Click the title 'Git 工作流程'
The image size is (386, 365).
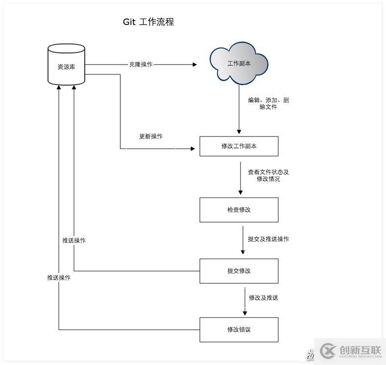(148, 22)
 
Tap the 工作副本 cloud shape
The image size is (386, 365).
(239, 64)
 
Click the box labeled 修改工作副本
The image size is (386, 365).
(239, 146)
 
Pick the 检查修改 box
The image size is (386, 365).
(239, 210)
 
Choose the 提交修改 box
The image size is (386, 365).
(239, 271)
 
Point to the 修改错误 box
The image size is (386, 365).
(239, 330)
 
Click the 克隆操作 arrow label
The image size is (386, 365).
(141, 64)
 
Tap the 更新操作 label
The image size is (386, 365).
(151, 137)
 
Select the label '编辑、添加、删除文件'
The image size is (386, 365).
(268, 103)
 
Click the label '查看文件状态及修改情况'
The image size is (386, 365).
(268, 176)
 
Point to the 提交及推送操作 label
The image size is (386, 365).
(268, 239)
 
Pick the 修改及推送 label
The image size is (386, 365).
(264, 297)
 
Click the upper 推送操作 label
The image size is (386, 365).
(74, 241)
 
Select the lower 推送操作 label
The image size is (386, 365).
(59, 277)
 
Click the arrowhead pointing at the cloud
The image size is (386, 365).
(194, 64)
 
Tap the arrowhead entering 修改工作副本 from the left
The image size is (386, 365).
(193, 148)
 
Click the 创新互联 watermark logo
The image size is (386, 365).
(350, 350)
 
